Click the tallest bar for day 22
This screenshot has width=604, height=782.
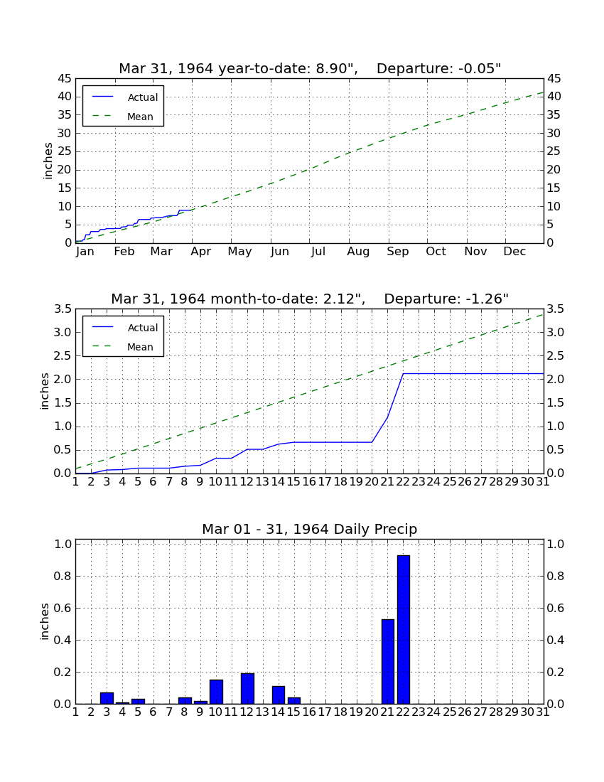403,629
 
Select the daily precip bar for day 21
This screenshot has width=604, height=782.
388,661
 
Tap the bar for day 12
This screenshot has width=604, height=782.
247,689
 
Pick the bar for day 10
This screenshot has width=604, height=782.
216,692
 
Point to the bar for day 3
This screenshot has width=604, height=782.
107,698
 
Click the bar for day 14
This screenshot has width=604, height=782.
278,695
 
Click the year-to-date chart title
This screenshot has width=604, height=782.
310,68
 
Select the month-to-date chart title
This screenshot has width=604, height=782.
310,299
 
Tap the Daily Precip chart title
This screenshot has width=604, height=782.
310,529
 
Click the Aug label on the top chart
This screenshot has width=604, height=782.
358,252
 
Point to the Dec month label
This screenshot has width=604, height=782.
514,252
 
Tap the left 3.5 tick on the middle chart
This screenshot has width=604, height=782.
63,309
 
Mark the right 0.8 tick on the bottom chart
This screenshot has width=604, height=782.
556,576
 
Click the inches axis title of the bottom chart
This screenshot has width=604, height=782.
45,621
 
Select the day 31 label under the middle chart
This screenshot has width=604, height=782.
543,482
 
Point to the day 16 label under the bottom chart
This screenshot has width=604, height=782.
310,712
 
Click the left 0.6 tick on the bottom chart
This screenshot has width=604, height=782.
63,608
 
